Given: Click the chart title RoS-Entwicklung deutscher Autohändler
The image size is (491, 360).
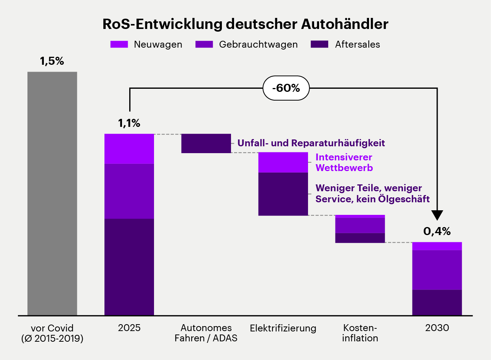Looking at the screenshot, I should (x=245, y=24).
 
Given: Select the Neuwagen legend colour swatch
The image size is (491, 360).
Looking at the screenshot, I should (x=119, y=45).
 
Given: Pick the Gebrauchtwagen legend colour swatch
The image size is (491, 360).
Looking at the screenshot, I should (x=204, y=45).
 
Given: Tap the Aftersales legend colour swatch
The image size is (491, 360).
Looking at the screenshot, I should (x=319, y=45).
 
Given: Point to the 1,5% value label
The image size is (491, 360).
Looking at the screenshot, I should (x=52, y=61).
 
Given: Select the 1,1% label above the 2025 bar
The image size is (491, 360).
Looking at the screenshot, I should (x=129, y=123).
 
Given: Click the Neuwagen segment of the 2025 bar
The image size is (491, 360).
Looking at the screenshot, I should (x=129, y=149).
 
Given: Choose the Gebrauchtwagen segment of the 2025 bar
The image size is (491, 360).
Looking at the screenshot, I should (x=129, y=191).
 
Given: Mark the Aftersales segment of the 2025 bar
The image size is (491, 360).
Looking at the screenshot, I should (x=129, y=267).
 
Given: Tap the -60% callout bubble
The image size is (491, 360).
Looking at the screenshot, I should (x=286, y=88).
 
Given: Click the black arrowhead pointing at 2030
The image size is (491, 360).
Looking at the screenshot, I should (x=437, y=215).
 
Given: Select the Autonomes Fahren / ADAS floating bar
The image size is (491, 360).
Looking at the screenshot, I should (x=206, y=143).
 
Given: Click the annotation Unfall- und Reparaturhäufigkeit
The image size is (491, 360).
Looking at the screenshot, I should (x=311, y=143).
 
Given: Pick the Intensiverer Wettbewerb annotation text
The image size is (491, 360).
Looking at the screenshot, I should (x=344, y=163).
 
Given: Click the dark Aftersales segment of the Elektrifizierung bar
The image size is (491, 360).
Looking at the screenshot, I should (x=283, y=194).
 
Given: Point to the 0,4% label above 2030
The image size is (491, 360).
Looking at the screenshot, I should (x=437, y=231).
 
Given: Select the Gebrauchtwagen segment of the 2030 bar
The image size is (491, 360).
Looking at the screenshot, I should (x=437, y=270).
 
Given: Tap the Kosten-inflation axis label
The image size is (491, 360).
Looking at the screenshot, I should (x=360, y=333).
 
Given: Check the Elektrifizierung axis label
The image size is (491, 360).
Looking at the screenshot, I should (x=283, y=328).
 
